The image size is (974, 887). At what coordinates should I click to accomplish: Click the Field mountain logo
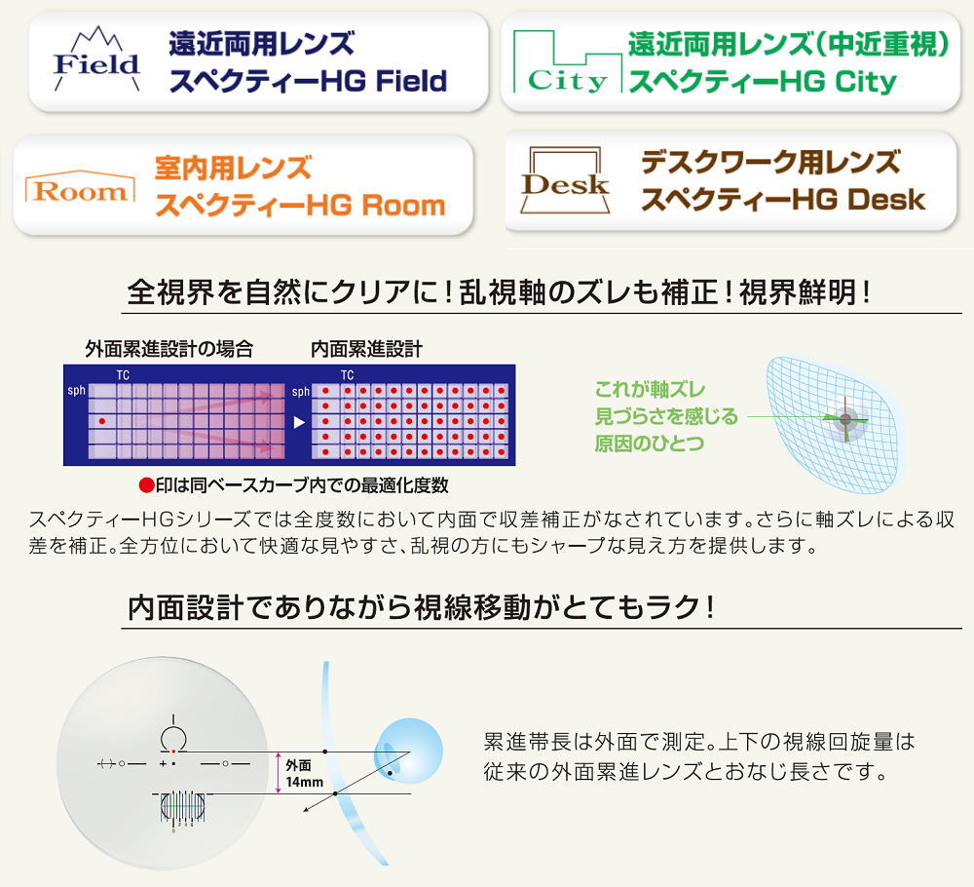click(x=96, y=59)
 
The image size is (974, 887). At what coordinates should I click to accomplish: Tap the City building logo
click(x=567, y=62)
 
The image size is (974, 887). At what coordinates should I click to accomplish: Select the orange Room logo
click(x=80, y=186)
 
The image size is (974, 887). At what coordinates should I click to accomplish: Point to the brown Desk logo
click(x=565, y=180)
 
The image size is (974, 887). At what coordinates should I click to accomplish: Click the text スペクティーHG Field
click(x=308, y=81)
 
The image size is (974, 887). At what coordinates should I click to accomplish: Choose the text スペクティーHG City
click(x=763, y=82)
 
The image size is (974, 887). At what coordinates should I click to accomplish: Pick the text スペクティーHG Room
click(x=300, y=205)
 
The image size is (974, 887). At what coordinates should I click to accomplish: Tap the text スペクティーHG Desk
click(x=783, y=199)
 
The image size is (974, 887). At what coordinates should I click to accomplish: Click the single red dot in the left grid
click(x=102, y=421)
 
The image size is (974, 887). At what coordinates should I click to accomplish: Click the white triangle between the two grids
click(x=299, y=422)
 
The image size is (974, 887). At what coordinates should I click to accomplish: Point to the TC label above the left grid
click(x=123, y=375)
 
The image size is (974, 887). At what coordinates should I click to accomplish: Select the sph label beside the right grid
click(x=301, y=392)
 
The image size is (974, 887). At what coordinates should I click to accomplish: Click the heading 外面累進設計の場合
click(x=169, y=349)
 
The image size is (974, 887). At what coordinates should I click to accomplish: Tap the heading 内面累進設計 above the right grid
click(x=366, y=349)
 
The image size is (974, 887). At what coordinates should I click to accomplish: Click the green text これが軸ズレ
click(x=650, y=389)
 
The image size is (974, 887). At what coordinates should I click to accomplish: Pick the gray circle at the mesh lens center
click(x=845, y=419)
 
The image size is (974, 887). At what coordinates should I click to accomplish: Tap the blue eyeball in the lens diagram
click(x=408, y=752)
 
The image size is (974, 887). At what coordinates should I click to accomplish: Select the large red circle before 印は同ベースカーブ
click(x=147, y=485)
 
